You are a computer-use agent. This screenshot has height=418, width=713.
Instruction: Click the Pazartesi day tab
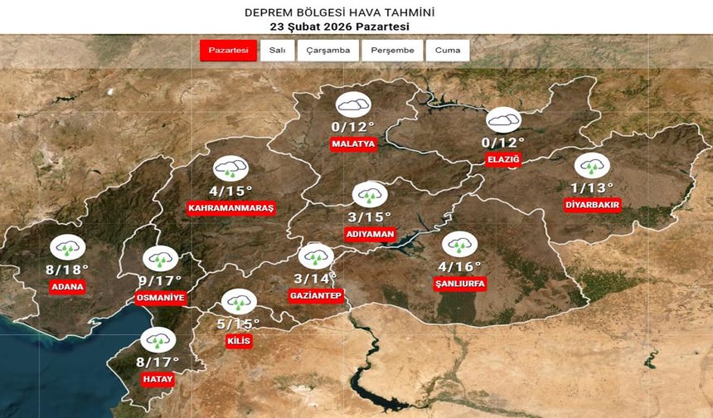[x=229, y=51]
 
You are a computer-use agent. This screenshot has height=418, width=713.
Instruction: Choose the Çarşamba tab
[x=328, y=51]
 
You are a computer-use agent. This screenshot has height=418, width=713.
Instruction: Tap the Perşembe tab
[x=392, y=51]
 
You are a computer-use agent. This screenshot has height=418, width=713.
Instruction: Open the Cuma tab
[x=448, y=51]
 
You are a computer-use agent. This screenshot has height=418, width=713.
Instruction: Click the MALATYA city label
[x=353, y=143]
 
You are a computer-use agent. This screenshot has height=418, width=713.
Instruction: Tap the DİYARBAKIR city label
[x=592, y=205]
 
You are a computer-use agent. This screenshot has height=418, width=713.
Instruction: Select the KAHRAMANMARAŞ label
[x=230, y=207]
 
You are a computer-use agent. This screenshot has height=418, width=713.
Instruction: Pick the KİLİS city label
[x=238, y=341]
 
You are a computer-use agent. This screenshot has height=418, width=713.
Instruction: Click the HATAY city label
[x=157, y=379]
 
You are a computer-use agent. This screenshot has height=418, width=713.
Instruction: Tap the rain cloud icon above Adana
[x=66, y=247]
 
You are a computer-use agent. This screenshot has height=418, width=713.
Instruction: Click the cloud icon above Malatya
[x=353, y=104]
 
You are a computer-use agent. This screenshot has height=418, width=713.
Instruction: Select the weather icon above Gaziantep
[x=315, y=255]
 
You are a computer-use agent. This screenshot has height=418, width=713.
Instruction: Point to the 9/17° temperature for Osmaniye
[x=160, y=280]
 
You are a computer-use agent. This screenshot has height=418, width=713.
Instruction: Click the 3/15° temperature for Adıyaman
[x=370, y=217]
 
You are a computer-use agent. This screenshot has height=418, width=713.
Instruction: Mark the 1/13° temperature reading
[x=592, y=187]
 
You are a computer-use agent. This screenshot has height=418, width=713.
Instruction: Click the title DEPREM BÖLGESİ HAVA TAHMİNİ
[x=338, y=12]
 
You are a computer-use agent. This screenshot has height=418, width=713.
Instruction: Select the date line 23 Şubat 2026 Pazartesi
[x=338, y=27]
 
